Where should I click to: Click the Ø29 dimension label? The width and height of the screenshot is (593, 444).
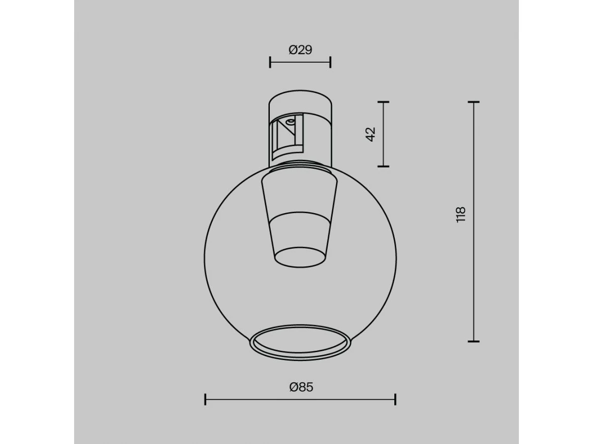tap(300, 50)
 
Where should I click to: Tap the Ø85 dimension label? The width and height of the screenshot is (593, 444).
tap(301, 387)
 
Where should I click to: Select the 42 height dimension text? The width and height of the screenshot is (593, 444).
tap(371, 134)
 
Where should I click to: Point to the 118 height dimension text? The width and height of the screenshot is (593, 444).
tap(461, 215)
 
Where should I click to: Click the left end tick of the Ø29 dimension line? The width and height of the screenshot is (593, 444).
tap(270, 62)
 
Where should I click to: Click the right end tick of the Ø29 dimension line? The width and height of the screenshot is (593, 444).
tap(331, 62)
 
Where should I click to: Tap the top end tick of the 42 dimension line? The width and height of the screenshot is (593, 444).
tap(383, 102)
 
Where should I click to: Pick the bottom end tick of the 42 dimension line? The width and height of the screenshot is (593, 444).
tap(383, 166)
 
